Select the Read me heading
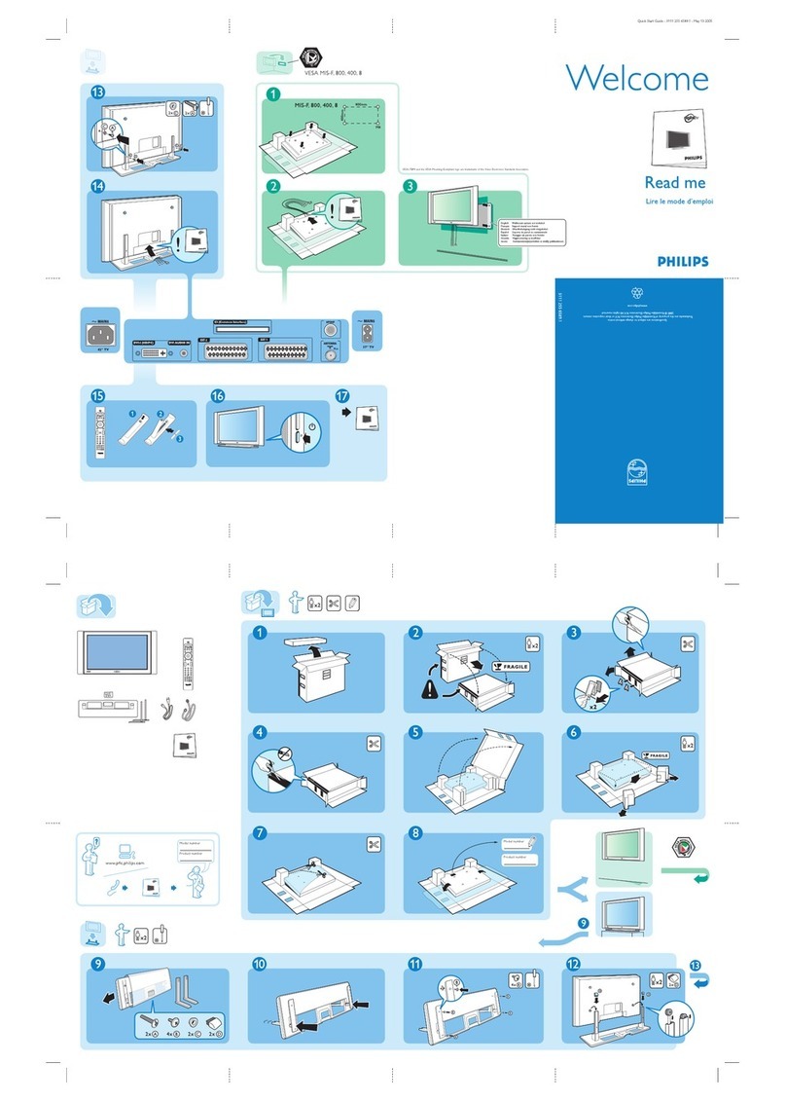(674, 182)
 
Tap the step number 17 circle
(341, 397)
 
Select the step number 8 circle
(416, 833)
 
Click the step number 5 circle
(416, 732)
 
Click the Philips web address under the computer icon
(126, 862)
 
